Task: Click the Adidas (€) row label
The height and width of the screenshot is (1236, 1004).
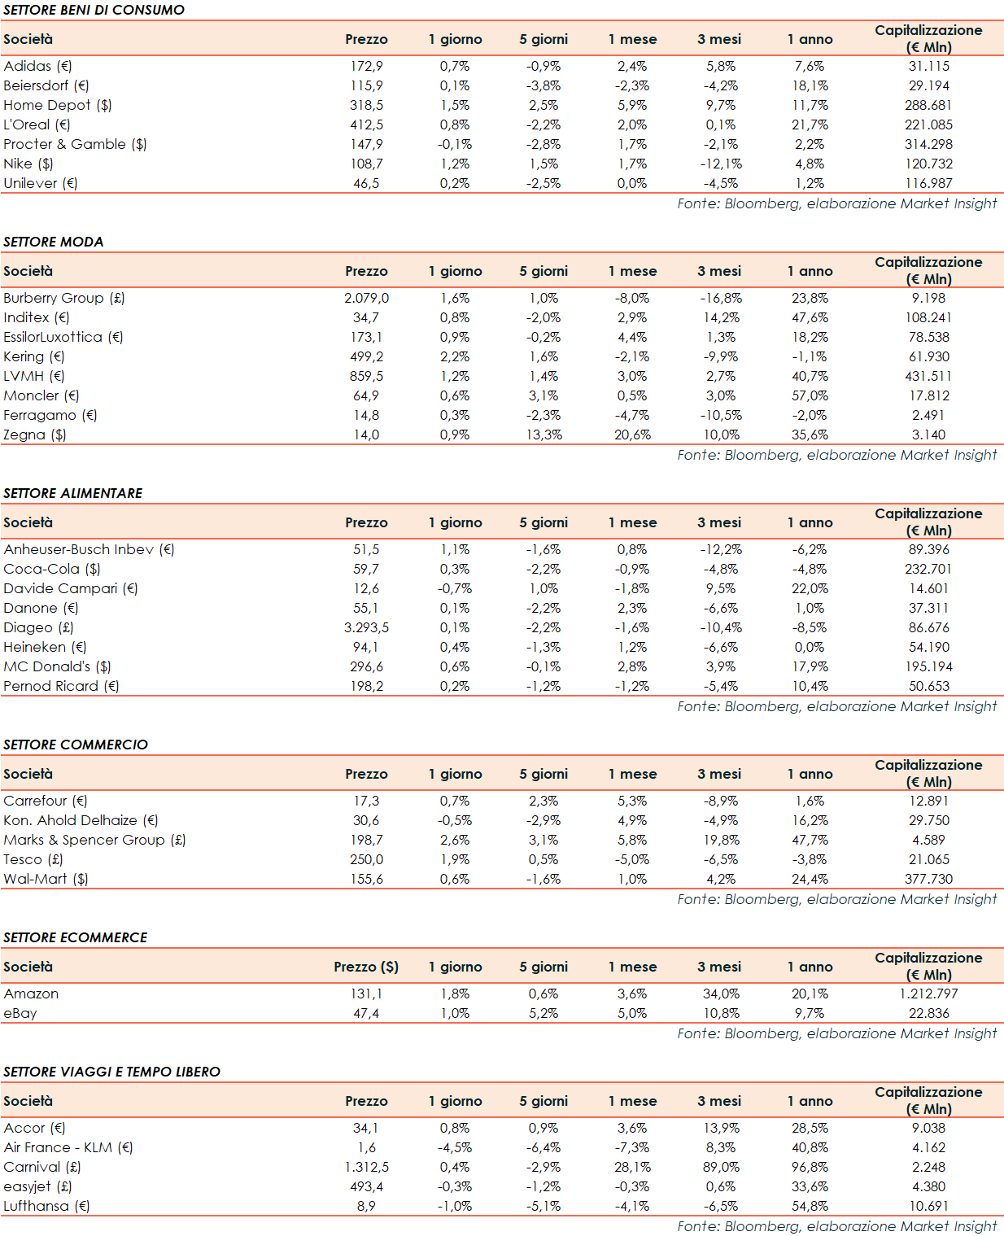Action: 37,66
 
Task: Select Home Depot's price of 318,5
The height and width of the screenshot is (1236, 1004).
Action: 366,105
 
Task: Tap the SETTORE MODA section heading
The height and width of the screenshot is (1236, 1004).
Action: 54,242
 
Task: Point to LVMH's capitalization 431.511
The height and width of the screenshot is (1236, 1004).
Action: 928,376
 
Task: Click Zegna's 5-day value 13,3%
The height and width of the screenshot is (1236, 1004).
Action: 543,435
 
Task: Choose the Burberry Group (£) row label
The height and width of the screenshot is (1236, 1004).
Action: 64,298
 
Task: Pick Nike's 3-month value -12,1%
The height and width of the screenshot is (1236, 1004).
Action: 721,164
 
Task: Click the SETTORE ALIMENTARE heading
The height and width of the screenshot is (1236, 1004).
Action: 73,493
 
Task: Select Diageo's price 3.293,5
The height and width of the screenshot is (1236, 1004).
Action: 366,627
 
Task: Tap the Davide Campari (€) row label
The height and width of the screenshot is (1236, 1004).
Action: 71,588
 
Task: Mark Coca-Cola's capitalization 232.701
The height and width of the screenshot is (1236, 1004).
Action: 928,569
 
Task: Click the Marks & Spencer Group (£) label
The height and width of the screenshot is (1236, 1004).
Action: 94,840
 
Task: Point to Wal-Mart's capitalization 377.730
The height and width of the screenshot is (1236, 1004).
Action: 928,879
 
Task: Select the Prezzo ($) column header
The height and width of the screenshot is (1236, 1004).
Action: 366,967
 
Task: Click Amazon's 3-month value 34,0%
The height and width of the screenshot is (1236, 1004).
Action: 721,994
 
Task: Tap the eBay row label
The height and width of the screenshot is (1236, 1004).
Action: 20,1013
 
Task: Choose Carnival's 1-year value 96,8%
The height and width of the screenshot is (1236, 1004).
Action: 810,1167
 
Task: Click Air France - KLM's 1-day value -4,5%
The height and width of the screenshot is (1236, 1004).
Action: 455,1147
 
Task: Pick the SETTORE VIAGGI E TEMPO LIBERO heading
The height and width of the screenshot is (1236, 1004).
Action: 112,1072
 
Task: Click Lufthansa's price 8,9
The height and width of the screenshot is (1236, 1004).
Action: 366,1206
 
